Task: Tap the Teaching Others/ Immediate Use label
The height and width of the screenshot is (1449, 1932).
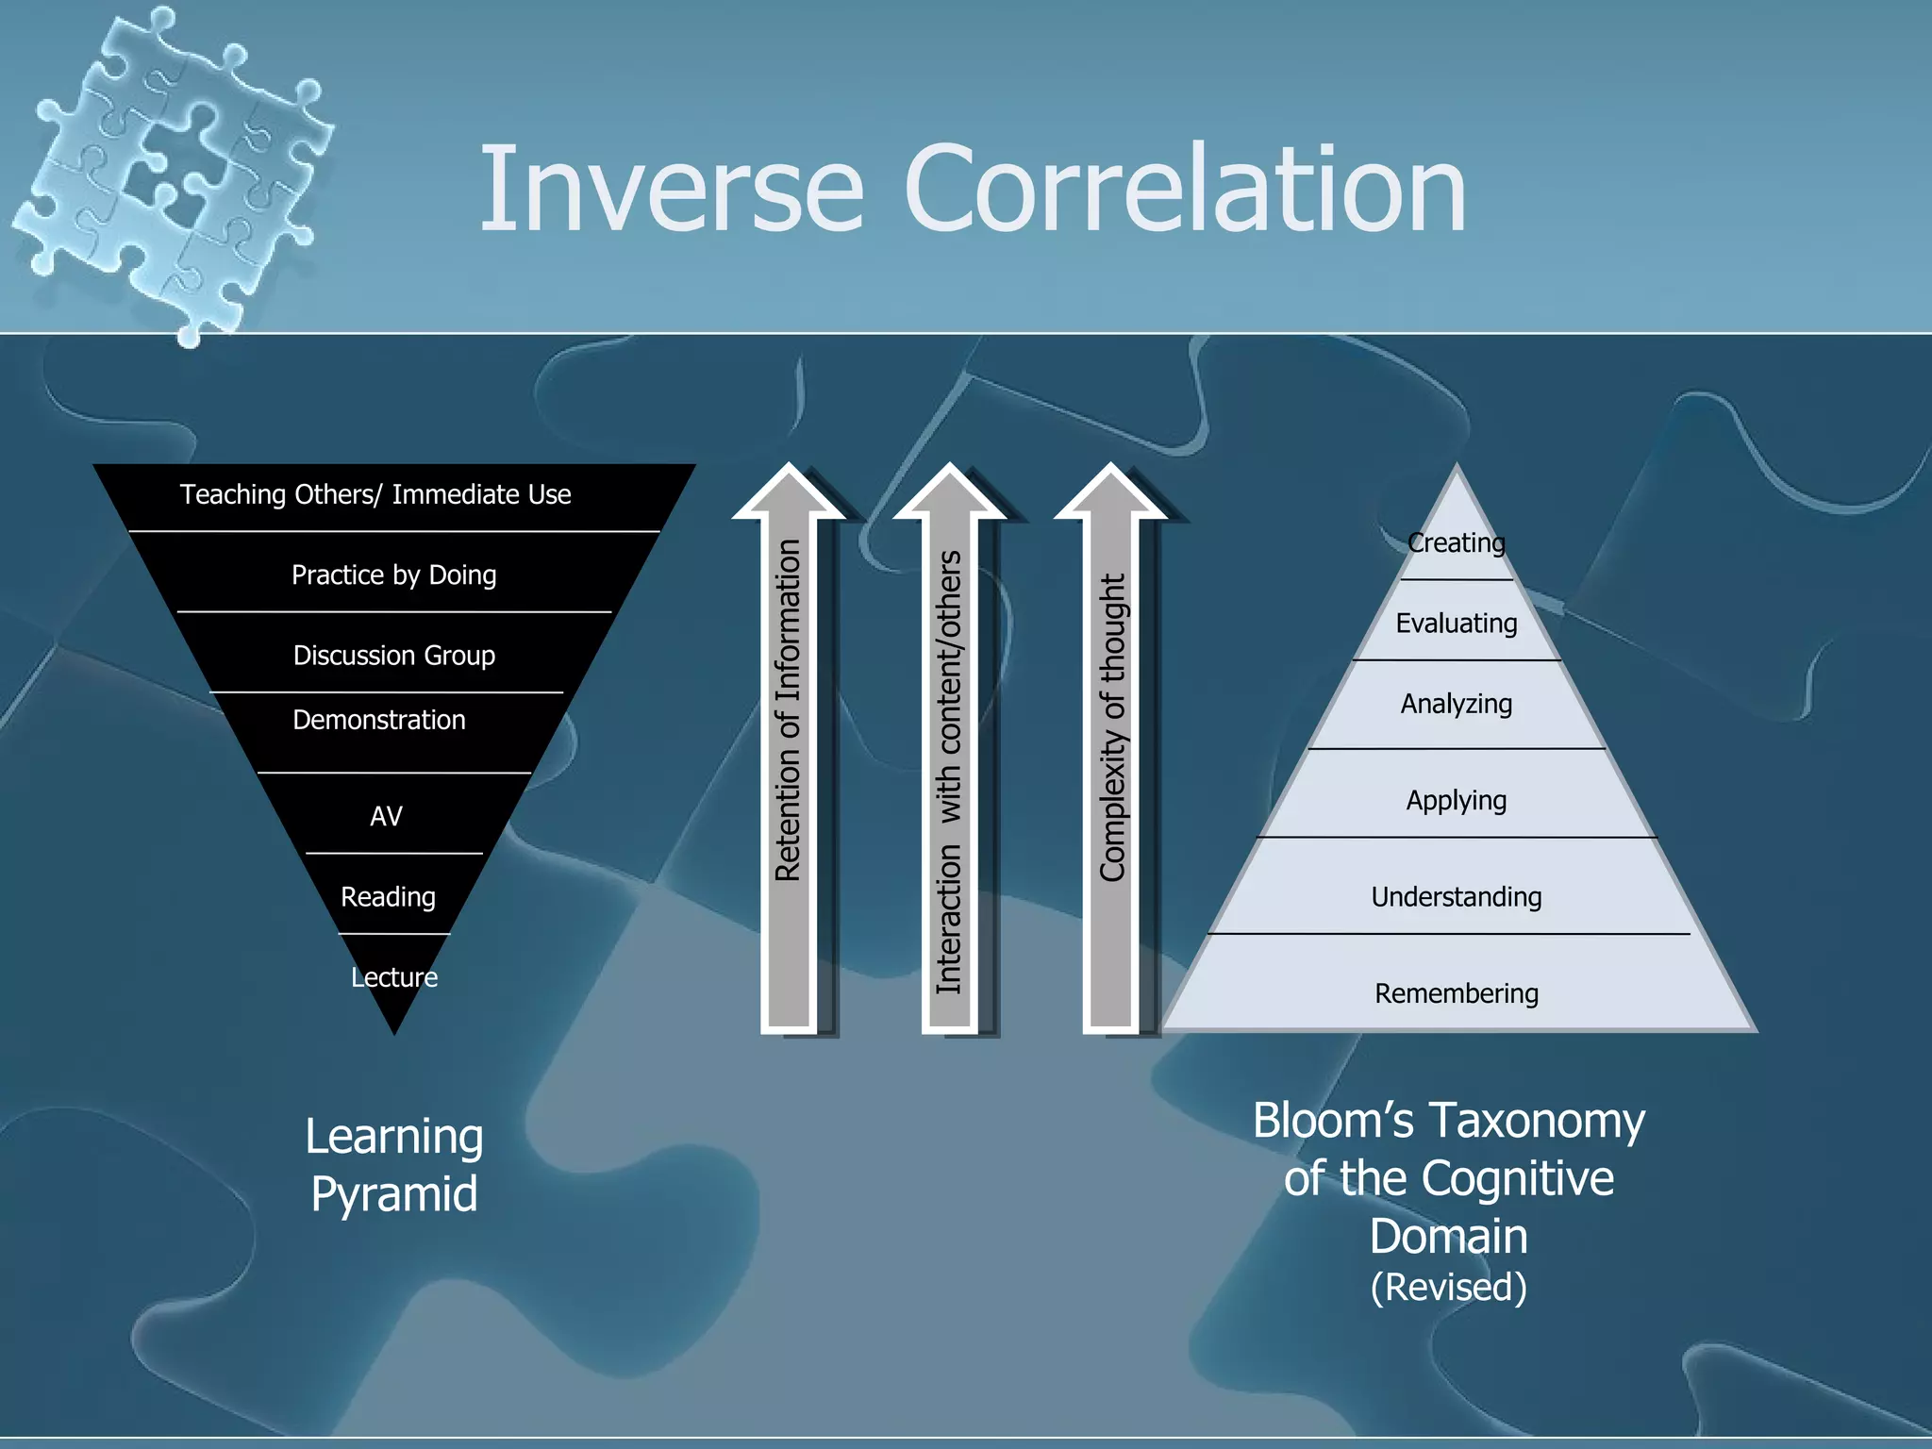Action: point(375,494)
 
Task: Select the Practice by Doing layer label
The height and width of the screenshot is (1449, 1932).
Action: point(393,575)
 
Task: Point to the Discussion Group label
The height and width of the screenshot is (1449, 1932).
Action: point(393,655)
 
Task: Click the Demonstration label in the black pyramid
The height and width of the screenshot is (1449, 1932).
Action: point(378,720)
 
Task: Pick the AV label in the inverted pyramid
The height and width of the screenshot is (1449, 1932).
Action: point(386,816)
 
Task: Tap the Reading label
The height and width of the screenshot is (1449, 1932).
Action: point(388,896)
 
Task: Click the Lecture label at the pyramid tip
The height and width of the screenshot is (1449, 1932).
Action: point(394,977)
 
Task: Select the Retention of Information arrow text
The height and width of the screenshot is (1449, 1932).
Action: point(788,709)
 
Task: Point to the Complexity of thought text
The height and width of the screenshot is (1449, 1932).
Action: point(1113,726)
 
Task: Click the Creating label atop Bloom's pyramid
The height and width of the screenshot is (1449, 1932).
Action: point(1456,542)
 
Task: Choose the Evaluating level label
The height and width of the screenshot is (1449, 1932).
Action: point(1456,623)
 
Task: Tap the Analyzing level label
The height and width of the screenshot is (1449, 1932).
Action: point(1456,704)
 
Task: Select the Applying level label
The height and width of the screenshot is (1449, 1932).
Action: point(1456,800)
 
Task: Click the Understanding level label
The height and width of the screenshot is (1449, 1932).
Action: point(1456,896)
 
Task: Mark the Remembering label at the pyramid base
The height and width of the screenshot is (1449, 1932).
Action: point(1456,993)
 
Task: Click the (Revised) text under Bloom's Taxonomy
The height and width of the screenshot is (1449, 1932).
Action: point(1448,1287)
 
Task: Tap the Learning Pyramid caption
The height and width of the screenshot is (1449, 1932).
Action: point(393,1164)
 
